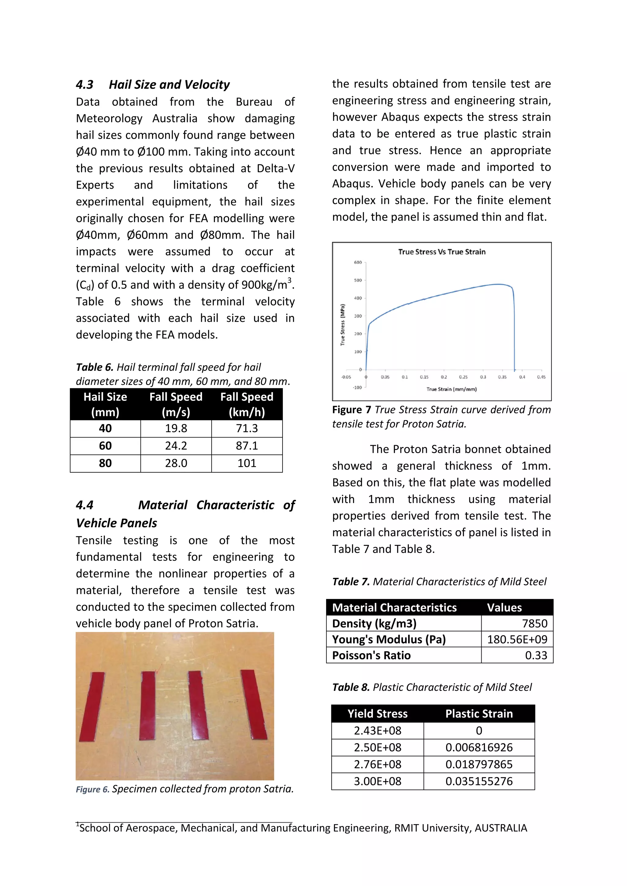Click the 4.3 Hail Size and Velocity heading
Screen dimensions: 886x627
coord(152,84)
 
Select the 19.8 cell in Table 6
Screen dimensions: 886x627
coord(176,428)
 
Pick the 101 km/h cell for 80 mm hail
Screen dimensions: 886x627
coord(247,463)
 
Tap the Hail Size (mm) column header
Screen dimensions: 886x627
coord(105,404)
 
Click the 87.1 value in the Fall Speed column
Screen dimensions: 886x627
coord(247,446)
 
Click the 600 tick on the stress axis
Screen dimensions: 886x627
coord(358,262)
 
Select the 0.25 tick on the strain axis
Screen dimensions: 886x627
coord(463,377)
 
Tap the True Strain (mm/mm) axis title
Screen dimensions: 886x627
coord(451,389)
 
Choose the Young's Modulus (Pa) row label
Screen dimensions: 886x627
coord(389,639)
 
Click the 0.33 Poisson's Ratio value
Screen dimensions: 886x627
coord(536,655)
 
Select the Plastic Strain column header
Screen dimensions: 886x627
coord(479,714)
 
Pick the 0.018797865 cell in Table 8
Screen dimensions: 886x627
coord(479,765)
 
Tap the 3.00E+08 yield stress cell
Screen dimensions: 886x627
coord(377,781)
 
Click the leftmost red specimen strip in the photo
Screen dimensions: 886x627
coord(93,706)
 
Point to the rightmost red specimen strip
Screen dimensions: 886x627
coord(254,704)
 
